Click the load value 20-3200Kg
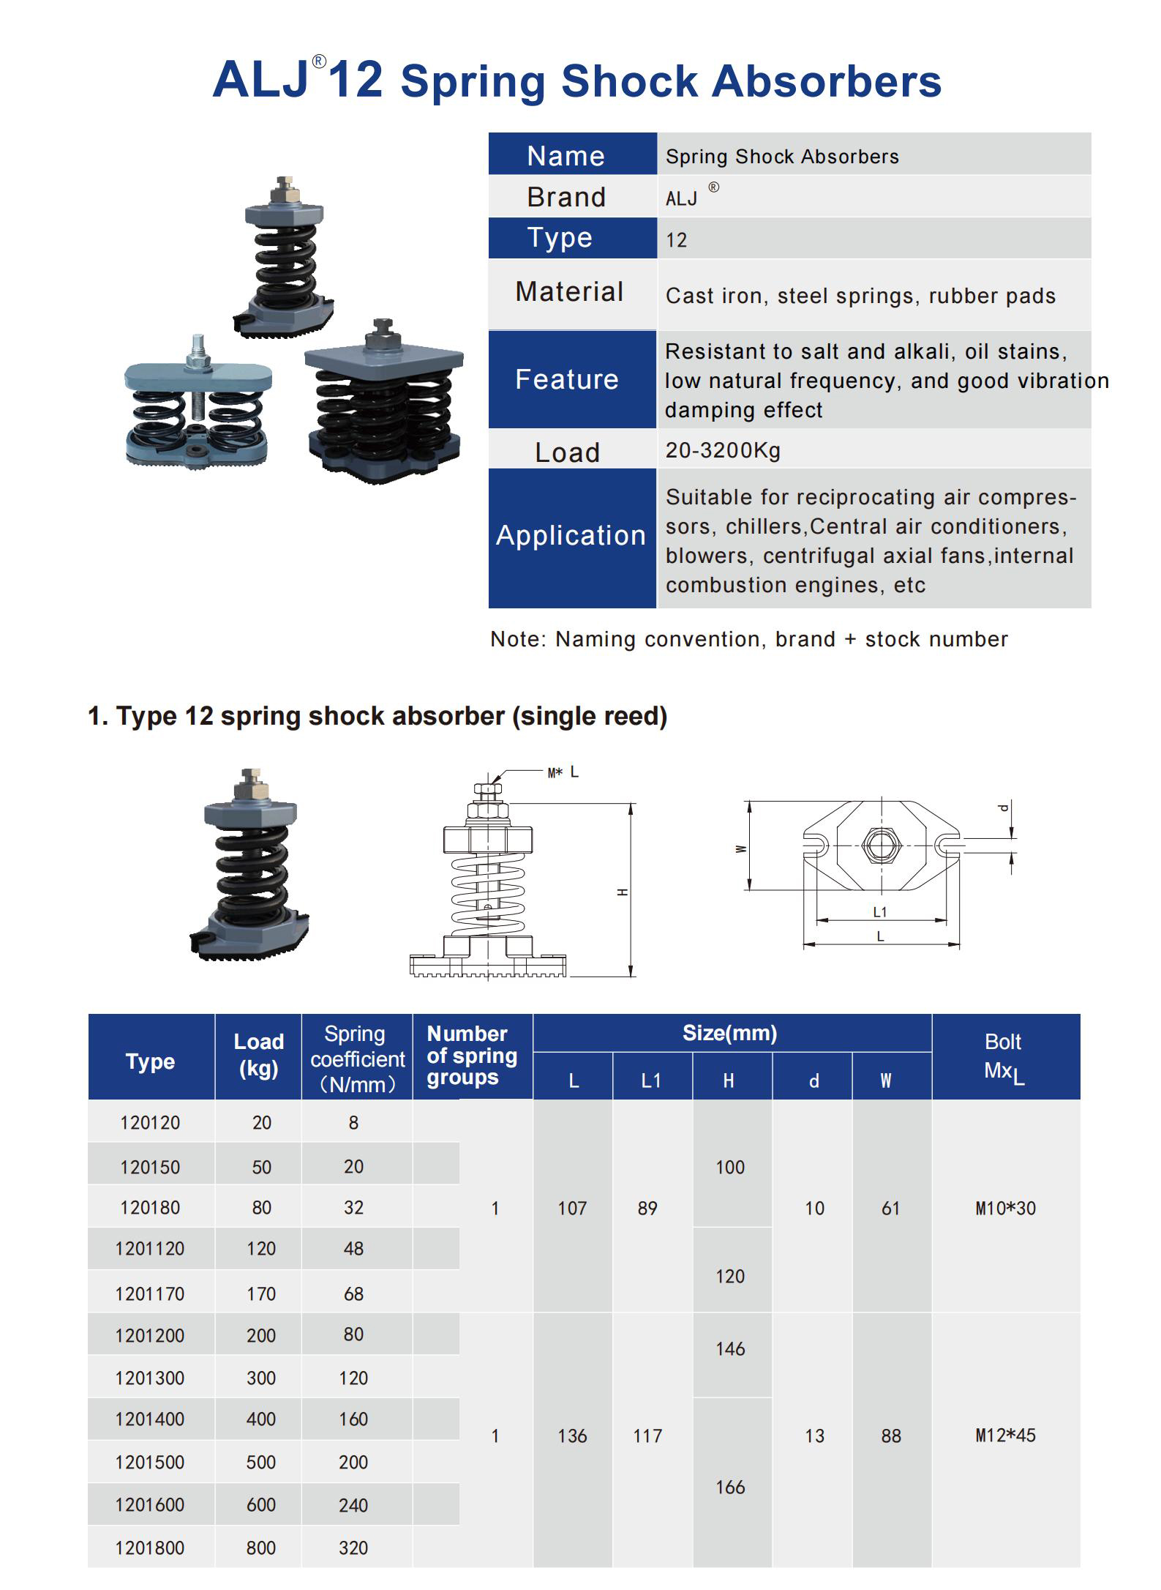tap(723, 450)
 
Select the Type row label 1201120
tap(150, 1248)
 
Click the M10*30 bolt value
tap(1005, 1208)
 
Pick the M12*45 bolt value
tap(1005, 1435)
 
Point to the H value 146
tap(730, 1348)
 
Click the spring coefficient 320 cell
tap(353, 1548)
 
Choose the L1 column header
tap(651, 1080)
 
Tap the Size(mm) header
tap(730, 1033)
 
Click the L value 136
tap(572, 1436)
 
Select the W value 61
tap(890, 1208)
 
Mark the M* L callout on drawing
tap(563, 772)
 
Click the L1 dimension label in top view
tap(880, 912)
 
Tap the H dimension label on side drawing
tap(623, 892)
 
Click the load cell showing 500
tap(260, 1462)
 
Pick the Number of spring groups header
tap(472, 1056)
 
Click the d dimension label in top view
tap(1004, 808)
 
